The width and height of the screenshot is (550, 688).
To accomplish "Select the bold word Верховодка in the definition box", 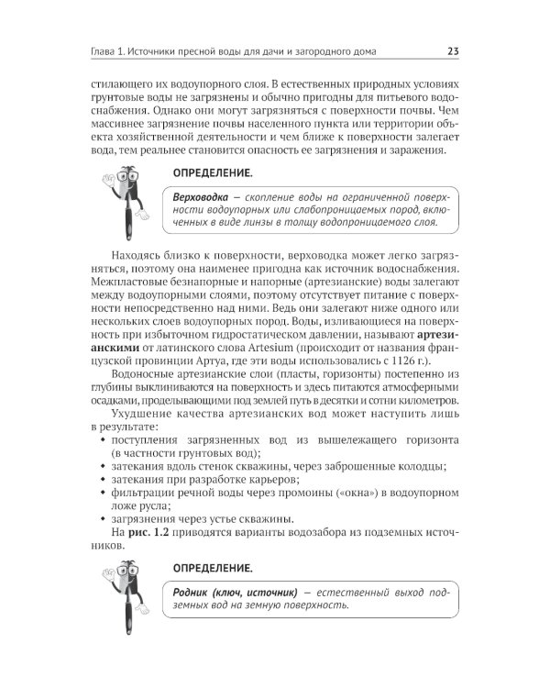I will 203,197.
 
